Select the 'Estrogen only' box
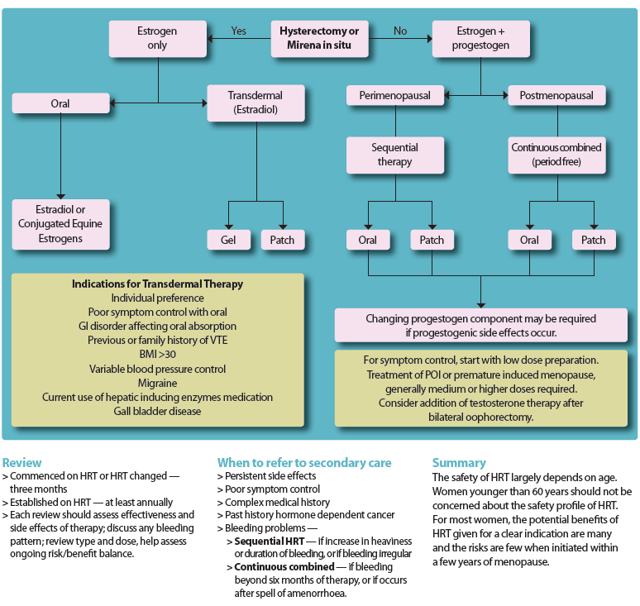[157, 38]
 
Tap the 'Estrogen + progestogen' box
[480, 38]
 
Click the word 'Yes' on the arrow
[238, 31]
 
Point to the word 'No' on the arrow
[400, 31]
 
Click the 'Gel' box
[228, 240]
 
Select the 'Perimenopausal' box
[394, 96]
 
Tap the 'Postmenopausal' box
[556, 96]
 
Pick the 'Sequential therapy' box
[394, 155]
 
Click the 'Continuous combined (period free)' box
[556, 155]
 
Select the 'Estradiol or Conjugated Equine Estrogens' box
[60, 224]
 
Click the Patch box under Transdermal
[283, 240]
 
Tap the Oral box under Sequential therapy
[367, 240]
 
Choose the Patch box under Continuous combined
[594, 240]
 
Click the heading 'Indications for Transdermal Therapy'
[157, 284]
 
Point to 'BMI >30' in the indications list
[157, 355]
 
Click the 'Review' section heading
[21, 463]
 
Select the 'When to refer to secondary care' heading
[304, 463]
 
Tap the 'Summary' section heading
[459, 463]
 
